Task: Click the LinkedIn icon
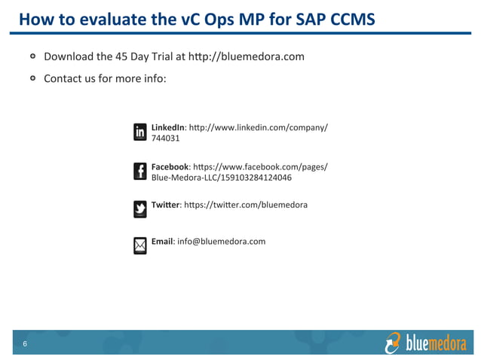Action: pos(140,132)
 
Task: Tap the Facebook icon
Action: pos(140,171)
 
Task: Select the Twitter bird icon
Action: pos(140,209)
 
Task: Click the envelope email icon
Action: pos(140,246)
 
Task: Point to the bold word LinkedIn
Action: pos(167,127)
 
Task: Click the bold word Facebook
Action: pos(170,166)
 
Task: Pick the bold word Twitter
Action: pos(165,204)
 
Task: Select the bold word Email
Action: pos(162,241)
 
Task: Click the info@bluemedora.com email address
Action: pos(222,241)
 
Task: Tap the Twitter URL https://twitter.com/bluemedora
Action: pos(246,204)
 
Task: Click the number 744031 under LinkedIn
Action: pos(166,139)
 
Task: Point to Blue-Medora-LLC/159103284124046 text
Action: pos(222,178)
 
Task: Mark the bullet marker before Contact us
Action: pos(33,78)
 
